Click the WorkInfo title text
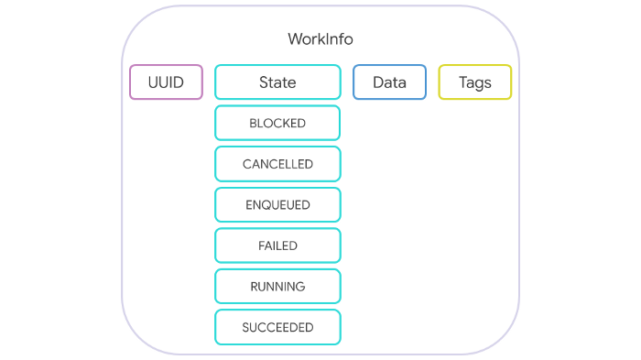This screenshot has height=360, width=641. (320, 39)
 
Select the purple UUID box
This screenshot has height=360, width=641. (166, 82)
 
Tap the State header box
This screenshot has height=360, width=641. (277, 82)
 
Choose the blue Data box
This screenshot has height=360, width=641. (389, 82)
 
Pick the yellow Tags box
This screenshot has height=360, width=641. (474, 82)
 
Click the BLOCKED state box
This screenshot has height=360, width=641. (277, 123)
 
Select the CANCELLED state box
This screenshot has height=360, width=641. (277, 164)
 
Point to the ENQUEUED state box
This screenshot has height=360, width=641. (277, 205)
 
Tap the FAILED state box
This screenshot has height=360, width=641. (277, 245)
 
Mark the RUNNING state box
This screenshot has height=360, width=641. (277, 287)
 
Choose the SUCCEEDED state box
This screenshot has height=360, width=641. (277, 327)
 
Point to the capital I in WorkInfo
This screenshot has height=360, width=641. (329, 39)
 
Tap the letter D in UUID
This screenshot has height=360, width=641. (178, 82)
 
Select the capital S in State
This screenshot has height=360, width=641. (264, 82)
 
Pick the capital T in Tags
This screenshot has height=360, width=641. (462, 82)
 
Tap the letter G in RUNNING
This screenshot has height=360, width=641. (300, 287)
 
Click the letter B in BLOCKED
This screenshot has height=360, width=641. (253, 123)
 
